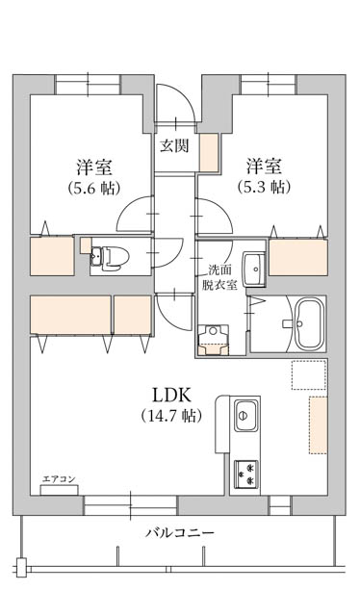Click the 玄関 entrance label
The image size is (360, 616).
point(174,146)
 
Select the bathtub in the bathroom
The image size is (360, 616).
point(310,324)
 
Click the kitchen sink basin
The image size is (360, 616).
point(246,415)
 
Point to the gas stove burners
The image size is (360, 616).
point(246,474)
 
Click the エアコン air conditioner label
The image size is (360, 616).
point(59,479)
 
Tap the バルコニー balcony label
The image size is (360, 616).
point(180,533)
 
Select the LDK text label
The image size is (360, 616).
point(171,395)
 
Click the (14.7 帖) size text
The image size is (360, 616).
point(171,415)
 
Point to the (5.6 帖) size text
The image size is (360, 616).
point(93,188)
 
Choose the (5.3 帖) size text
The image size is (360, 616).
point(264,187)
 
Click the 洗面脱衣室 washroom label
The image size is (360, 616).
point(219,277)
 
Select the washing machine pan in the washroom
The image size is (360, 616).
point(214,340)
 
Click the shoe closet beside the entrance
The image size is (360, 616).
point(209,152)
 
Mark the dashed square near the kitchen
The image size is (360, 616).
point(309,374)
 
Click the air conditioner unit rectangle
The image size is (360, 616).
point(60,490)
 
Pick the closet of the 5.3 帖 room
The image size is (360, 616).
point(298,257)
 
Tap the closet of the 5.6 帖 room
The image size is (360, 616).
point(52,256)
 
